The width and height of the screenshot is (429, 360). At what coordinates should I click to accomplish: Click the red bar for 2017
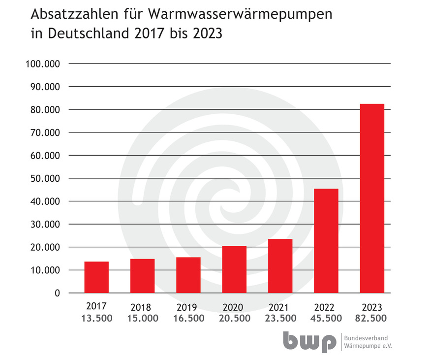(x=96, y=277)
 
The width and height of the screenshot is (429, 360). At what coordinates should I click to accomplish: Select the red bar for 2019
(x=188, y=275)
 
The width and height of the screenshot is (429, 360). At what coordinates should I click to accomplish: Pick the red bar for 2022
(x=326, y=241)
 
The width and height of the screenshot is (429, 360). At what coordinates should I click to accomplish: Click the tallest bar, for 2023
(x=372, y=198)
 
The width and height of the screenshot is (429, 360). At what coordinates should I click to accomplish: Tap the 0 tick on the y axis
(x=57, y=294)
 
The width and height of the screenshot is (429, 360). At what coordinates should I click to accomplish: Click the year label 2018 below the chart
(x=141, y=308)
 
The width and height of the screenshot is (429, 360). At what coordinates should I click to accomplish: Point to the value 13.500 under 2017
(x=96, y=319)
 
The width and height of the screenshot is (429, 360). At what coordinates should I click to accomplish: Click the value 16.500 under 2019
(x=188, y=319)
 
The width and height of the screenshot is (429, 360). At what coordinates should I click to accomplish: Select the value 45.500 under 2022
(x=326, y=319)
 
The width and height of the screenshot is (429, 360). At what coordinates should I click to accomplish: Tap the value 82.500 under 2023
(x=372, y=319)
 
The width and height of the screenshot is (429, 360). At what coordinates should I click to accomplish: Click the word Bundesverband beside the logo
(x=366, y=338)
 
